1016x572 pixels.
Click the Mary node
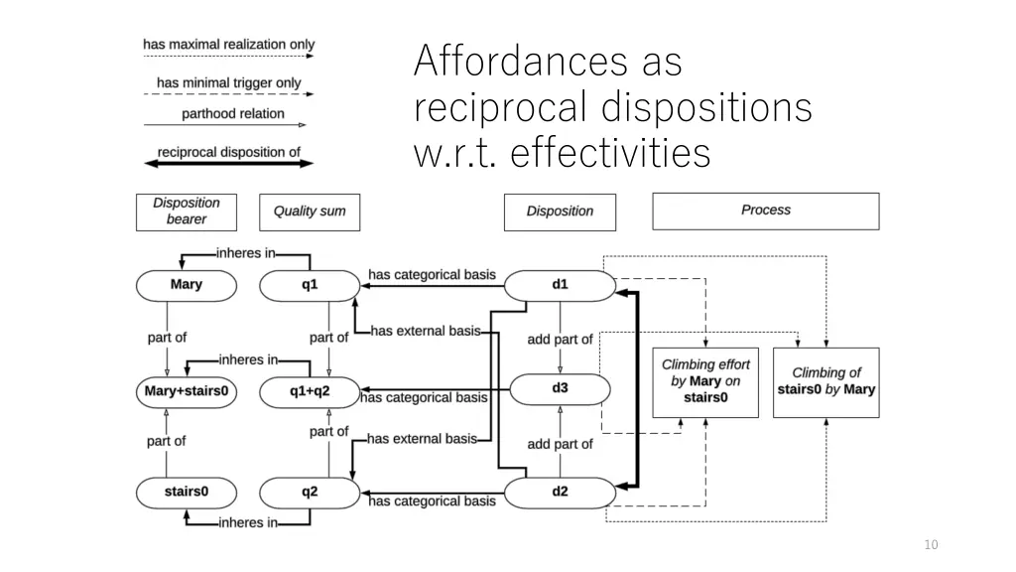(187, 285)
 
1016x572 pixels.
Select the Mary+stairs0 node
(187, 391)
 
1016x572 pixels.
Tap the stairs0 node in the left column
(187, 492)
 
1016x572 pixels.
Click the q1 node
(309, 285)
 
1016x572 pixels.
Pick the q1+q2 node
(309, 391)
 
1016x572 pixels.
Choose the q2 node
(309, 492)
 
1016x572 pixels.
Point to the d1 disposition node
(560, 285)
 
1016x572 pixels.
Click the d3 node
(560, 388)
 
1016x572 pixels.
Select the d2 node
(560, 492)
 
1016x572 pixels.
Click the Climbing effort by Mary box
(704, 381)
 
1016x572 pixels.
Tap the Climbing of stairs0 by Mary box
(825, 381)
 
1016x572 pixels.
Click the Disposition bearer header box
(186, 212)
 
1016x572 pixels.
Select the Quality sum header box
(309, 212)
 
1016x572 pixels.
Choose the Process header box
(765, 211)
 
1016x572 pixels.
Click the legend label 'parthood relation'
(233, 114)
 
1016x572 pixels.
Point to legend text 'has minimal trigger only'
(228, 82)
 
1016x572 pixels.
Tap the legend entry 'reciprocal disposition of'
(228, 152)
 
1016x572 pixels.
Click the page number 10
(930, 544)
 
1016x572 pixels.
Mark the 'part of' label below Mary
(167, 338)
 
